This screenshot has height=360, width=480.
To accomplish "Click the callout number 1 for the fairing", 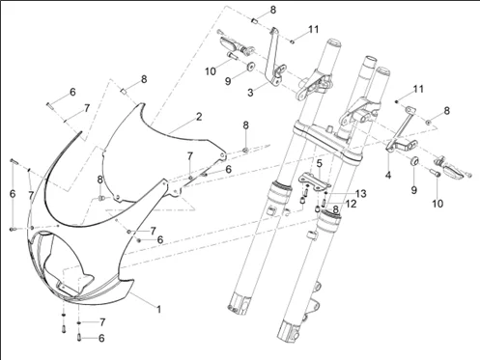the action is click(x=158, y=310).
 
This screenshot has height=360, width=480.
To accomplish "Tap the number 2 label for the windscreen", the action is click(x=199, y=117).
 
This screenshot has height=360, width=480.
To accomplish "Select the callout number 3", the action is click(x=250, y=93).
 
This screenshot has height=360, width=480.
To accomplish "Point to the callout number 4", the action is click(x=388, y=175).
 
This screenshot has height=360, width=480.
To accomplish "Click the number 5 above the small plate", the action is click(x=319, y=163).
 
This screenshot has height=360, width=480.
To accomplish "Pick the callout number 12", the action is click(x=352, y=204).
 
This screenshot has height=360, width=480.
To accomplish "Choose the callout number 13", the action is click(x=361, y=193).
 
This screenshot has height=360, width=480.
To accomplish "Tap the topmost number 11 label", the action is click(x=313, y=30).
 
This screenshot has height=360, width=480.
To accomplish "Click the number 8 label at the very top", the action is click(x=273, y=10).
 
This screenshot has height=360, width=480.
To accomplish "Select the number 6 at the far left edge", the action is click(x=13, y=194).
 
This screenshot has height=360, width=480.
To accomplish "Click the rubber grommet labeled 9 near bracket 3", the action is click(x=250, y=66).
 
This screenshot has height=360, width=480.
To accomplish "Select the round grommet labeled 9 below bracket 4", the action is click(x=414, y=160).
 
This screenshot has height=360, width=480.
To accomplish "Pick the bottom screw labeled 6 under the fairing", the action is click(x=79, y=337).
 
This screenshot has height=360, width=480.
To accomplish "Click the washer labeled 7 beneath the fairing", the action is click(x=79, y=322).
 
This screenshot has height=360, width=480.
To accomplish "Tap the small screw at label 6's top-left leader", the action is click(x=49, y=105).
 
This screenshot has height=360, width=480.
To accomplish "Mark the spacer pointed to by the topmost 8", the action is click(x=255, y=21).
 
